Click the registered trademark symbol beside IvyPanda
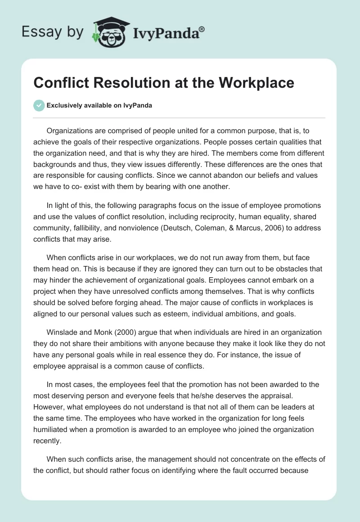(x=202, y=29)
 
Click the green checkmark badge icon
(x=39, y=105)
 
